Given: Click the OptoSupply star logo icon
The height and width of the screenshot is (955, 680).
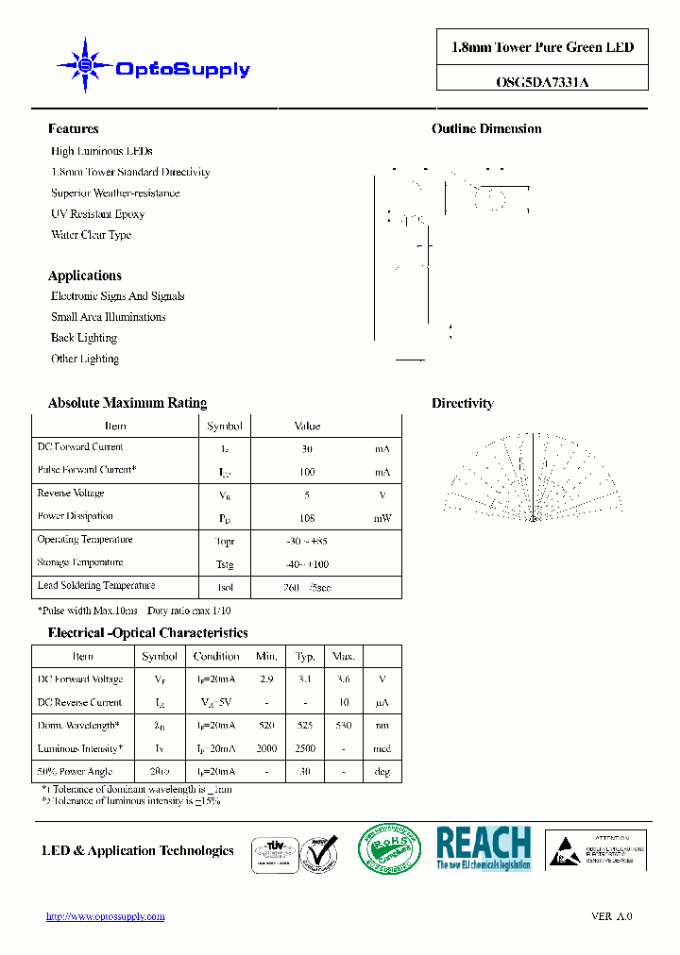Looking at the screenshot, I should (85, 65).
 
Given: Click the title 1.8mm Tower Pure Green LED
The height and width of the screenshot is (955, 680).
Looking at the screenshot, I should (542, 48).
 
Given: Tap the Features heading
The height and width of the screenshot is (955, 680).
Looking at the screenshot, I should (73, 129).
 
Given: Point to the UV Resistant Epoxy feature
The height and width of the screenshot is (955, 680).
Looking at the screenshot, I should (97, 214).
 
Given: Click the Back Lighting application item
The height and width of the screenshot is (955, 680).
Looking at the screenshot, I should (84, 338).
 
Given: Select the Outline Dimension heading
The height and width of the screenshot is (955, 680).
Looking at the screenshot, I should (486, 129).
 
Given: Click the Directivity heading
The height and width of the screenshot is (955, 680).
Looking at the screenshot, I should (462, 404).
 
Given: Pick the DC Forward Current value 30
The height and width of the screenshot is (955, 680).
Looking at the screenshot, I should (307, 449).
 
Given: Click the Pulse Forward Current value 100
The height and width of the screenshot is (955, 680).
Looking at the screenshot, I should (307, 472).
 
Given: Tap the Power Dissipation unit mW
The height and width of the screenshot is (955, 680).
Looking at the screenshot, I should (382, 518).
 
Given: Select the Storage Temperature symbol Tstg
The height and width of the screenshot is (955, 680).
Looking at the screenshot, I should (224, 564).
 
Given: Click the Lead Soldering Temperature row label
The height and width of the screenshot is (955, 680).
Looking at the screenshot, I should (95, 586).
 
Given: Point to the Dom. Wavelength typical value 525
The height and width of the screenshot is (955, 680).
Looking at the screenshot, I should (305, 726).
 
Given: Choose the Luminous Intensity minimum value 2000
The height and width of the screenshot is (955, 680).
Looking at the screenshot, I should (266, 749).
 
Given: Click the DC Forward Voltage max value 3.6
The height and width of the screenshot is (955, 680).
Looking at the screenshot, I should (343, 679).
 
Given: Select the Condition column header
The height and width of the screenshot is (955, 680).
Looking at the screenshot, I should (216, 657).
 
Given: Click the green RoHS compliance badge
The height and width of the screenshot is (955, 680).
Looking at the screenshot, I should (388, 847).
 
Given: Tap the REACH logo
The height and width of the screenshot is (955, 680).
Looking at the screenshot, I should (483, 847).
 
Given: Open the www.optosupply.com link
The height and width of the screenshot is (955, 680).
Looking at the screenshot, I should (106, 916).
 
